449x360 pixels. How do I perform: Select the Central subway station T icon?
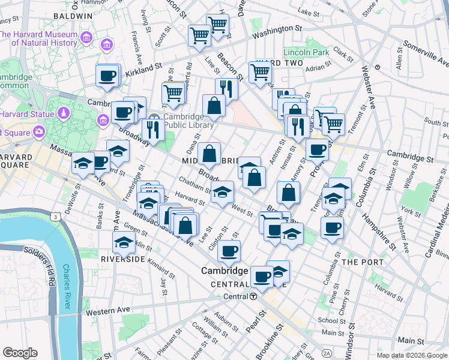pyautogui.click(x=254, y=297)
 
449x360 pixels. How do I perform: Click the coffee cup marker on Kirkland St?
pyautogui.click(x=108, y=76)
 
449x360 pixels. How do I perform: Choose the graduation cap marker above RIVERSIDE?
pyautogui.click(x=124, y=242)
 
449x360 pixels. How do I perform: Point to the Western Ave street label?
pyautogui.click(x=107, y=311)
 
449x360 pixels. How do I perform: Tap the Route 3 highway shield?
pyautogui.click(x=56, y=216)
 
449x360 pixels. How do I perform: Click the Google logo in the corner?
pyautogui.click(x=20, y=352)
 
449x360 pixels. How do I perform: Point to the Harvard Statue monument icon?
pyautogui.click(x=64, y=113)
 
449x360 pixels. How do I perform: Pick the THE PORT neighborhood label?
pyautogui.click(x=358, y=262)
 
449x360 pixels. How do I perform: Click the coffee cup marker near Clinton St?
pyautogui.click(x=229, y=251)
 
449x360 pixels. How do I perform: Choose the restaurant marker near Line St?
pyautogui.click(x=226, y=88)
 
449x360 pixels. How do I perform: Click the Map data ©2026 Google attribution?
pyautogui.click(x=411, y=355)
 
